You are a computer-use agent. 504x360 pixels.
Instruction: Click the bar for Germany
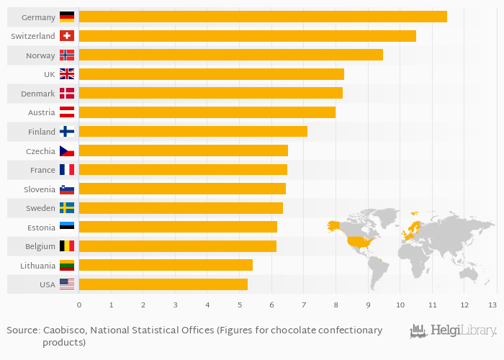(263, 17)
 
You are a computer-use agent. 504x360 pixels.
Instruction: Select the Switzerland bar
(247, 36)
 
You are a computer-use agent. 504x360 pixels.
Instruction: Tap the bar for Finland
(193, 131)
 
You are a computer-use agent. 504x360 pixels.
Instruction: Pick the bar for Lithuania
(166, 265)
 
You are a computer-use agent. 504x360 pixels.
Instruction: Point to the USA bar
(163, 284)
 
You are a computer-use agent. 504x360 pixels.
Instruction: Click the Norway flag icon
(67, 55)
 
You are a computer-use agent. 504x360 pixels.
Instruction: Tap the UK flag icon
(67, 73)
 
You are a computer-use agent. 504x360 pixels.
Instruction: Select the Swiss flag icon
(67, 36)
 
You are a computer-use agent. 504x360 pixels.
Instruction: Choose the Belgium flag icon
(67, 246)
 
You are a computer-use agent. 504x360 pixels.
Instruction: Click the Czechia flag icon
(67, 151)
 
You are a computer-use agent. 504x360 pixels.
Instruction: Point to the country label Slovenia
(40, 189)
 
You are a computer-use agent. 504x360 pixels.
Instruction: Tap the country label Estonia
(40, 227)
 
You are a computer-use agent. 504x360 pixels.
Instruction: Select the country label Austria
(42, 112)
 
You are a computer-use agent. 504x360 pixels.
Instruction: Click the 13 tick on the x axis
(492, 305)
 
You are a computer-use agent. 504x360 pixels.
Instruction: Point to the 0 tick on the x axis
(79, 305)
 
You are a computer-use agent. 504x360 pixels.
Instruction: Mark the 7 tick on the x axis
(303, 305)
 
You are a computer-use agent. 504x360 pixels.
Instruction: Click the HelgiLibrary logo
(453, 331)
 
